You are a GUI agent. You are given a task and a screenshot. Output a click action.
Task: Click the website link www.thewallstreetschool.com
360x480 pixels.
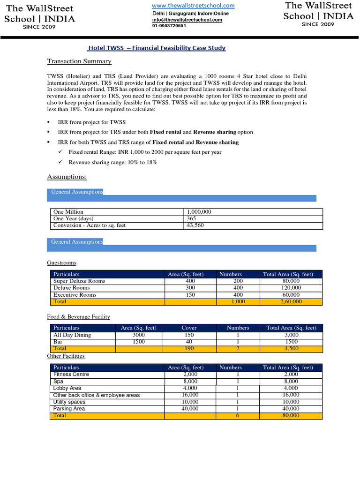click(x=193, y=6)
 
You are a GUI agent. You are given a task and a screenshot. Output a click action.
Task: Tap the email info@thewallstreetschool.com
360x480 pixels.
click(x=187, y=20)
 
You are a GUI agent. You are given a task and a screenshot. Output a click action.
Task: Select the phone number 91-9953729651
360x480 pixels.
click(x=169, y=26)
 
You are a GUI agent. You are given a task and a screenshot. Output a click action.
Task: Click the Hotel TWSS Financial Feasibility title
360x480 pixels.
click(x=157, y=48)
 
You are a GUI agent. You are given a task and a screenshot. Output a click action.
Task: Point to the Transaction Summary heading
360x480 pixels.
click(x=79, y=61)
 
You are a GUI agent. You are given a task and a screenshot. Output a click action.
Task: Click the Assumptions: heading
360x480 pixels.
click(x=67, y=177)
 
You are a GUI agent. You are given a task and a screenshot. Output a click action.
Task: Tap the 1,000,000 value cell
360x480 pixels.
click(x=199, y=212)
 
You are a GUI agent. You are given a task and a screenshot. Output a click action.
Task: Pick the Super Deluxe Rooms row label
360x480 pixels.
click(x=79, y=281)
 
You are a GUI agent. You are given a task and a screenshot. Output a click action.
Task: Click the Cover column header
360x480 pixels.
click(x=189, y=328)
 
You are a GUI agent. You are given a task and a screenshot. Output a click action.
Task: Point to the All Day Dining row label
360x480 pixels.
click(x=72, y=335)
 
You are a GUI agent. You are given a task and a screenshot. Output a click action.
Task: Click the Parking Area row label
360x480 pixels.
click(x=69, y=409)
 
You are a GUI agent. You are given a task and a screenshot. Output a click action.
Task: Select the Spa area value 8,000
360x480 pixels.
click(x=190, y=382)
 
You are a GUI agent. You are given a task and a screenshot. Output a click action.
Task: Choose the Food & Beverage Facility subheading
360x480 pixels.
click(x=79, y=317)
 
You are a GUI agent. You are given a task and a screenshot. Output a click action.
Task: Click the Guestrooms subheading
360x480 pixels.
click(x=61, y=263)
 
